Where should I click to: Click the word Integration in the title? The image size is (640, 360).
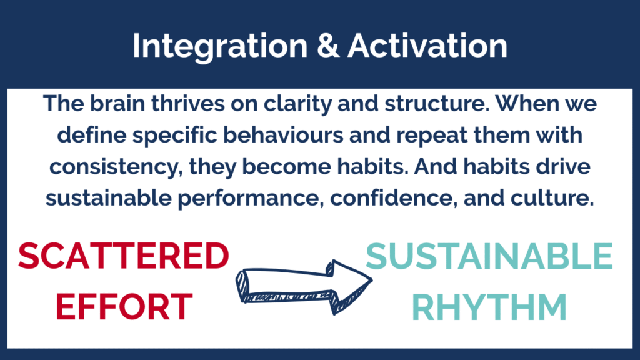click(220, 46)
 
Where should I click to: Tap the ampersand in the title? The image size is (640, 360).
click(327, 45)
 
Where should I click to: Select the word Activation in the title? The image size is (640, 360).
click(427, 45)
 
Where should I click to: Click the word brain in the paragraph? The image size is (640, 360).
click(117, 103)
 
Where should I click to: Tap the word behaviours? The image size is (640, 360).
click(283, 135)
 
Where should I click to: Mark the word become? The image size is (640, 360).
click(286, 166)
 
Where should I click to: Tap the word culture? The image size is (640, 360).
click(552, 198)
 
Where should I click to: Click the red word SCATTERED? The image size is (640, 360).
click(124, 256)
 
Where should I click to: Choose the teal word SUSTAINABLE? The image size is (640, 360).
click(489, 256)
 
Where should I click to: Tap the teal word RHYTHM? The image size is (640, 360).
click(489, 306)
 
